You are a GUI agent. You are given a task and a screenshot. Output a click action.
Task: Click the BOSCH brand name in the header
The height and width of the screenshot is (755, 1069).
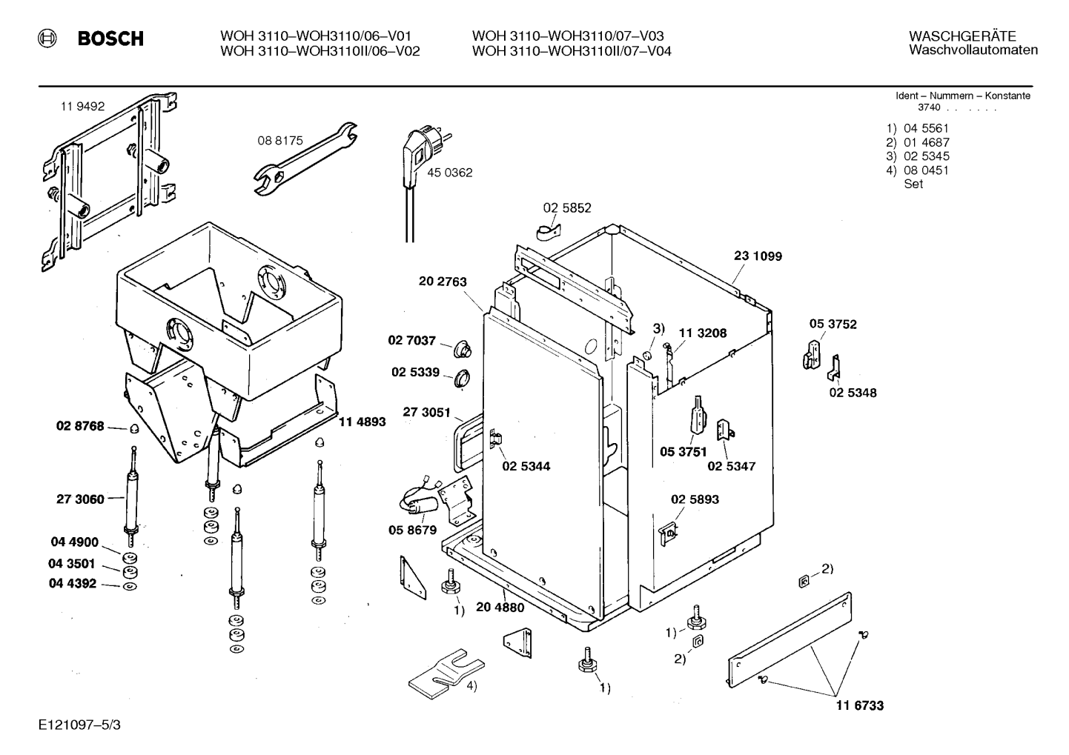coord(110,39)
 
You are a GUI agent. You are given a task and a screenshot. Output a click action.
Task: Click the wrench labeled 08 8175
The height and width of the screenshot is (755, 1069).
coord(305,159)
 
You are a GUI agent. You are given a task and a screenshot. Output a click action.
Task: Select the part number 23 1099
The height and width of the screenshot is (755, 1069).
coord(758,256)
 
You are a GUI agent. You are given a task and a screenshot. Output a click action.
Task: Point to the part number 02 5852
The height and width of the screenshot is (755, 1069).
coord(567,208)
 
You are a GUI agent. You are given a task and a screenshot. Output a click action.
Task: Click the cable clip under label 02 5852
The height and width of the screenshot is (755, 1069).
coord(549,232)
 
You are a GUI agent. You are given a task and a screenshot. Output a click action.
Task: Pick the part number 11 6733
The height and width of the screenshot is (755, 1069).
coord(859,705)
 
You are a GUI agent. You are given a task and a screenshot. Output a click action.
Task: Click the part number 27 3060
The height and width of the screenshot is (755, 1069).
coord(80,499)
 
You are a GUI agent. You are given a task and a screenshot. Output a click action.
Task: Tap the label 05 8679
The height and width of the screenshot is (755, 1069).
coord(412,530)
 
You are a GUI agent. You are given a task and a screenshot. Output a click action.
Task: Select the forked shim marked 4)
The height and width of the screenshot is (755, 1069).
coord(446,673)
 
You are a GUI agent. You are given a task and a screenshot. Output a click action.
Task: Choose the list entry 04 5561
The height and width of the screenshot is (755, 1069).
coord(927,128)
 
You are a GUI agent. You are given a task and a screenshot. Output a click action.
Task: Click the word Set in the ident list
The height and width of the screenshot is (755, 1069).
coord(913,184)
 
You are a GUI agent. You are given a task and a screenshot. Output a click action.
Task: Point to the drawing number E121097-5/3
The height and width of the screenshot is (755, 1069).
coord(80,725)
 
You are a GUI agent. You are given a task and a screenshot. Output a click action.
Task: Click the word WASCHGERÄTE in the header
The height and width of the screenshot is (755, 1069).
coord(962,36)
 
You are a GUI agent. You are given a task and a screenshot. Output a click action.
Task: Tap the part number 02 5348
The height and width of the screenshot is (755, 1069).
coord(853,393)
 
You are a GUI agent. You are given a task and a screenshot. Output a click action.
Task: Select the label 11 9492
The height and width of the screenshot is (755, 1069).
coord(82,107)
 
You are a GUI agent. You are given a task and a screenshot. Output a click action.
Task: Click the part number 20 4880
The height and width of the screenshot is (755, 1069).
coord(500,608)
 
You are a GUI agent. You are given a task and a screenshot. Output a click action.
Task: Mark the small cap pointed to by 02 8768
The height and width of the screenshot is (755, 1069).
coord(134,429)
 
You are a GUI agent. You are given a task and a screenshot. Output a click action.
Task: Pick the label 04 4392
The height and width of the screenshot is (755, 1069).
coord(73,584)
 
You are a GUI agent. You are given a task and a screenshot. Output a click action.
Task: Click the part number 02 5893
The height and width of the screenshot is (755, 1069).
coord(695,499)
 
